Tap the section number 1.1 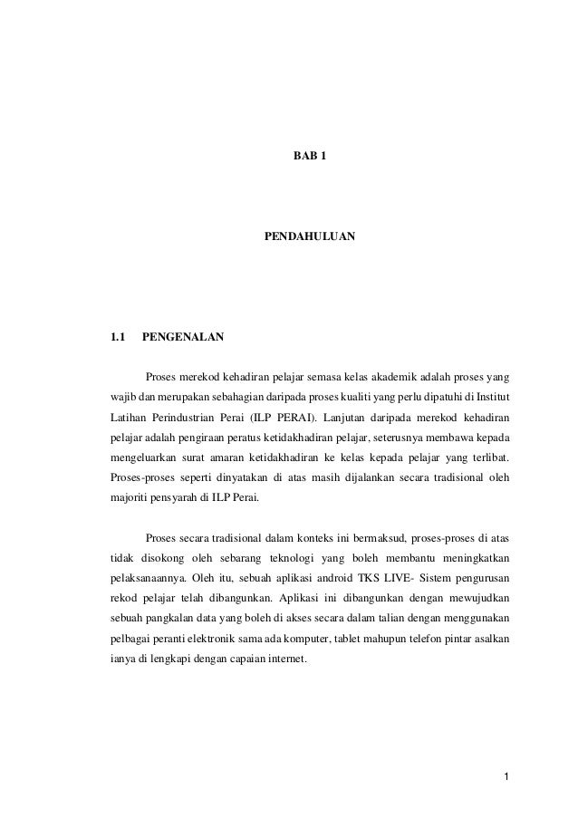pos(117,339)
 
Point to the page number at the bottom pos(507,777)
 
